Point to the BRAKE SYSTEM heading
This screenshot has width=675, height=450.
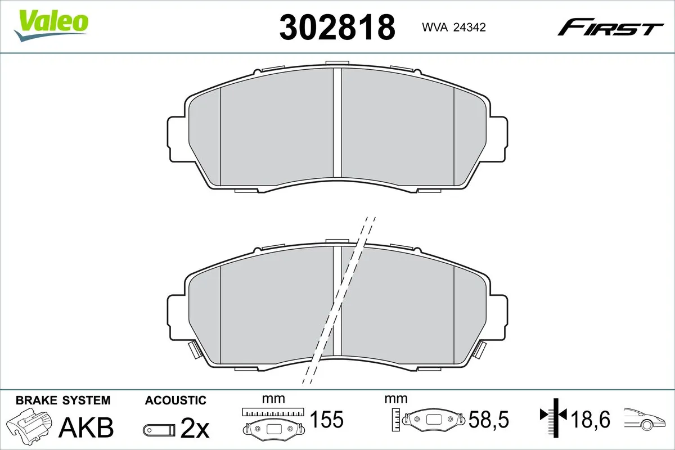click(63, 400)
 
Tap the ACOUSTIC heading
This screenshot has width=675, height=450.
click(175, 400)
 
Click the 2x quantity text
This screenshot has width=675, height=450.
click(195, 429)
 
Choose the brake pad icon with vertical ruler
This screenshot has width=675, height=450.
click(430, 419)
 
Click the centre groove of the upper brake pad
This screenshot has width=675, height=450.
click(337, 124)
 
